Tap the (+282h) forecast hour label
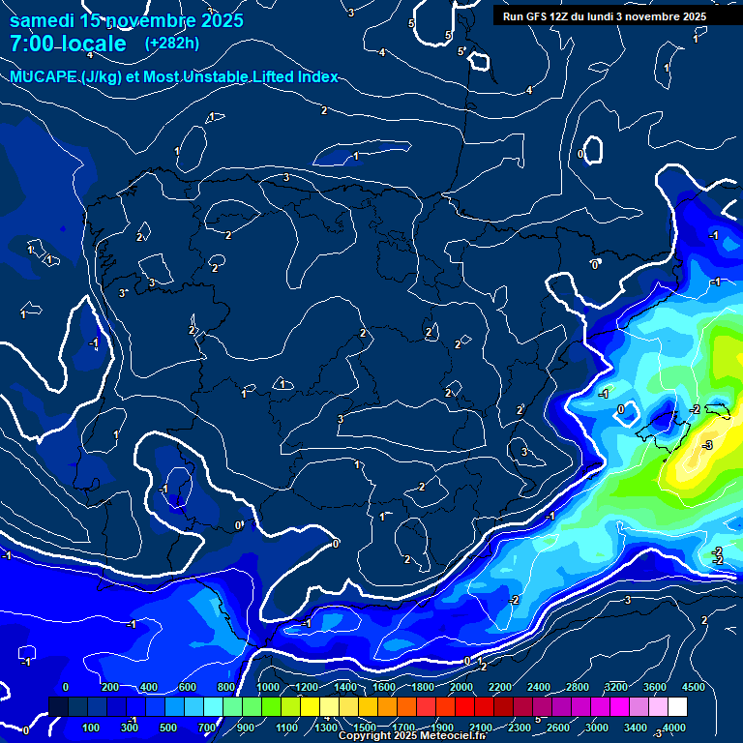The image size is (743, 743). pos(172,44)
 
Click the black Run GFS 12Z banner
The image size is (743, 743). pos(605,16)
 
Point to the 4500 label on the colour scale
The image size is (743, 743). pos(693,687)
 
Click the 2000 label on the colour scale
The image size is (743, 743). pos(461,687)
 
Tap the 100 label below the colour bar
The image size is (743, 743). pos(91,728)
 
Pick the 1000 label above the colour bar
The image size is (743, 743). pos(267,687)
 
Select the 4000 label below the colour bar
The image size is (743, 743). pos(674,728)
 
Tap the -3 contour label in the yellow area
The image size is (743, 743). pos(707,445)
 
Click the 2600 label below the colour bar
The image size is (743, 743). pos(558,728)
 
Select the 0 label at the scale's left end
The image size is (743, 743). pos(66,687)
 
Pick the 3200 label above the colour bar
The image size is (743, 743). pos(615,687)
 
